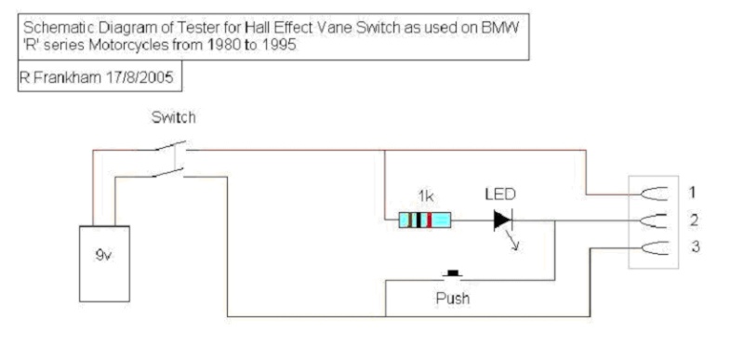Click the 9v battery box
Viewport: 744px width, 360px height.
[104, 263]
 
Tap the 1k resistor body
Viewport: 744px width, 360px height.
[425, 220]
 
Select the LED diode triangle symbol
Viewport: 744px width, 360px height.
[502, 220]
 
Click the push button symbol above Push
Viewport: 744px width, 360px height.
[454, 273]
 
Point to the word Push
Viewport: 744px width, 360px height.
[453, 299]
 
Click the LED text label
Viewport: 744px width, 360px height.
[499, 193]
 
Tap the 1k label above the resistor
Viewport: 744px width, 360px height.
[426, 195]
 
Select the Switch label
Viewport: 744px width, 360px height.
[173, 117]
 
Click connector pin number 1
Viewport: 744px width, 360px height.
[692, 193]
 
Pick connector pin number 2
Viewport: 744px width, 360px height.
[694, 220]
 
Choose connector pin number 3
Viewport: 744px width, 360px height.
[694, 247]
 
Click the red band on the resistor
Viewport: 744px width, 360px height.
[430, 220]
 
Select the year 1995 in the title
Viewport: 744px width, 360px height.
[282, 46]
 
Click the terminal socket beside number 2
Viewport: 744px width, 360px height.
[654, 220]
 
